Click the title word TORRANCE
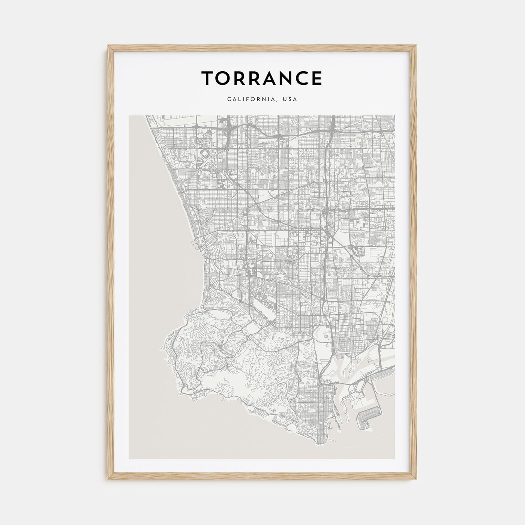pos(261,78)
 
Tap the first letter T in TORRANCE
pos(208,78)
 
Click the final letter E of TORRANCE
pos(316,78)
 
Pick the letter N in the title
pos(282,78)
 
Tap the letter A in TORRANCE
pos(267,78)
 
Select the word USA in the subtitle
pos(290,99)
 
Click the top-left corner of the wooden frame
pos(108,56)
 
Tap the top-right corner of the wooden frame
pos(417,56)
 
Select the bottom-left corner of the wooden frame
pos(108,480)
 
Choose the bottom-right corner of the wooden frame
pos(417,480)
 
